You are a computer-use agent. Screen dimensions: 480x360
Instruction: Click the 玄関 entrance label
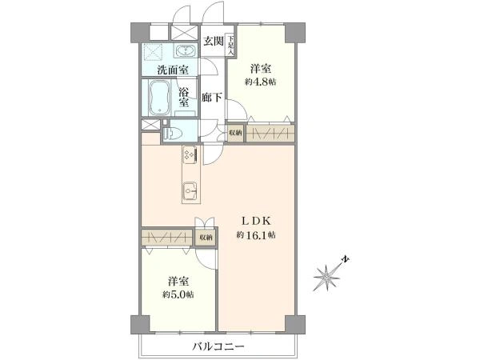click(214, 41)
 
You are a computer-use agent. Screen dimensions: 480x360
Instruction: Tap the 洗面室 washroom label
click(173, 70)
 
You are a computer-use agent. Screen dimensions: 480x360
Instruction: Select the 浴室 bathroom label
click(184, 98)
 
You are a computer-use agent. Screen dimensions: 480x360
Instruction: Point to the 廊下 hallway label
click(211, 98)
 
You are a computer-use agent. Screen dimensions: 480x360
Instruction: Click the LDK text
click(256, 221)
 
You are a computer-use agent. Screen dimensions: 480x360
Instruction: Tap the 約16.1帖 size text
click(256, 235)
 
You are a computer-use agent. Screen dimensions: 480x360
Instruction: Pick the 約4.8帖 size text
click(260, 82)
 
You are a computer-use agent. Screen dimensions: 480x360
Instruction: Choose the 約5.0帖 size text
click(178, 294)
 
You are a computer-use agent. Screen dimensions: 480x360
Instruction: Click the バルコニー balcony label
click(218, 347)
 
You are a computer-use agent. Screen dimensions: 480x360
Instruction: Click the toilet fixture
click(172, 133)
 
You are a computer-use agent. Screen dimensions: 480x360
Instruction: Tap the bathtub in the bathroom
click(160, 98)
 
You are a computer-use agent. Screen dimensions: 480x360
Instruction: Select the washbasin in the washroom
click(185, 50)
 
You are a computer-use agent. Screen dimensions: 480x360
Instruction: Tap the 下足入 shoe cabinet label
click(230, 45)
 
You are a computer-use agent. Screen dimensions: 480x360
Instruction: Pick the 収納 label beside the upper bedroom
click(235, 133)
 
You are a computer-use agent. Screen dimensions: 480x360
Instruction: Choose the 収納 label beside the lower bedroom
click(206, 238)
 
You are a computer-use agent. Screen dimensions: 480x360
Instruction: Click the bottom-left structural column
click(141, 325)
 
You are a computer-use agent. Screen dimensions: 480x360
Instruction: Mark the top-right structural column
click(295, 33)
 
